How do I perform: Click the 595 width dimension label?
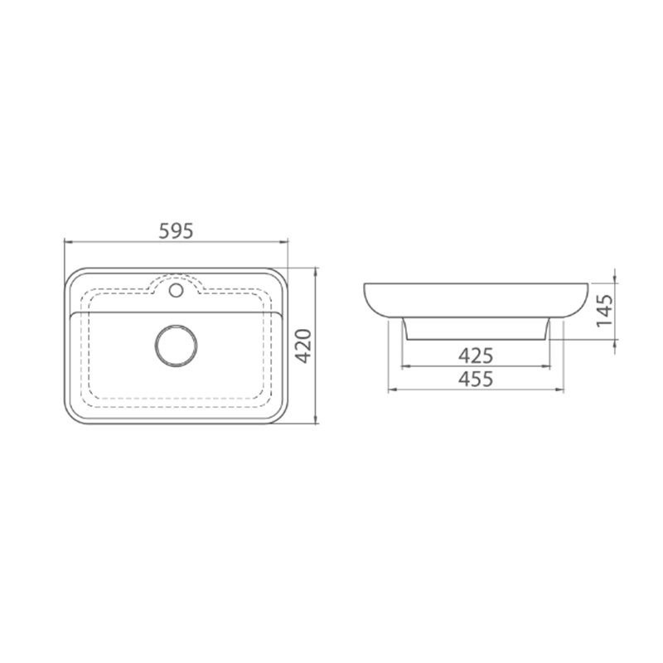coord(176,231)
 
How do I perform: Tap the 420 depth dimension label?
coord(302,346)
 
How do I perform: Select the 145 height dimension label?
coord(604,310)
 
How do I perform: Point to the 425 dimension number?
coord(476,356)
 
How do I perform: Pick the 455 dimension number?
coord(476,379)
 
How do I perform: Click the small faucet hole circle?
coord(176,290)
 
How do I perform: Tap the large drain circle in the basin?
coord(176,346)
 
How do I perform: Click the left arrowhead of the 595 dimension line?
coord(68,242)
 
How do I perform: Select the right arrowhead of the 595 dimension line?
coord(283,242)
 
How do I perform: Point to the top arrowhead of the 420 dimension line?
coord(316,272)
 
